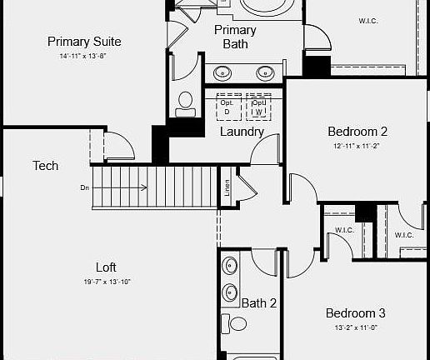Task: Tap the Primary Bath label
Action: pyautogui.click(x=235, y=37)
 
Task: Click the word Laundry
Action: pyautogui.click(x=242, y=132)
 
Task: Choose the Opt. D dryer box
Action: pyautogui.click(x=227, y=107)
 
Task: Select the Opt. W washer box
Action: pyautogui.click(x=259, y=107)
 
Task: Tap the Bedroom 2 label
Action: pyautogui.click(x=357, y=131)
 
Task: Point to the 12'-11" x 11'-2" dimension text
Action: pyautogui.click(x=357, y=145)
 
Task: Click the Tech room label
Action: pyautogui.click(x=45, y=166)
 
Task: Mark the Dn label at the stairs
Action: pyautogui.click(x=85, y=187)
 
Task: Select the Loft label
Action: pyautogui.click(x=106, y=267)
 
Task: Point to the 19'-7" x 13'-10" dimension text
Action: pyautogui.click(x=106, y=282)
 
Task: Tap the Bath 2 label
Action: pyautogui.click(x=259, y=302)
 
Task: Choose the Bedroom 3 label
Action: pyautogui.click(x=355, y=313)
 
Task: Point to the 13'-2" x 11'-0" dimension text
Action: pyautogui.click(x=355, y=327)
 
